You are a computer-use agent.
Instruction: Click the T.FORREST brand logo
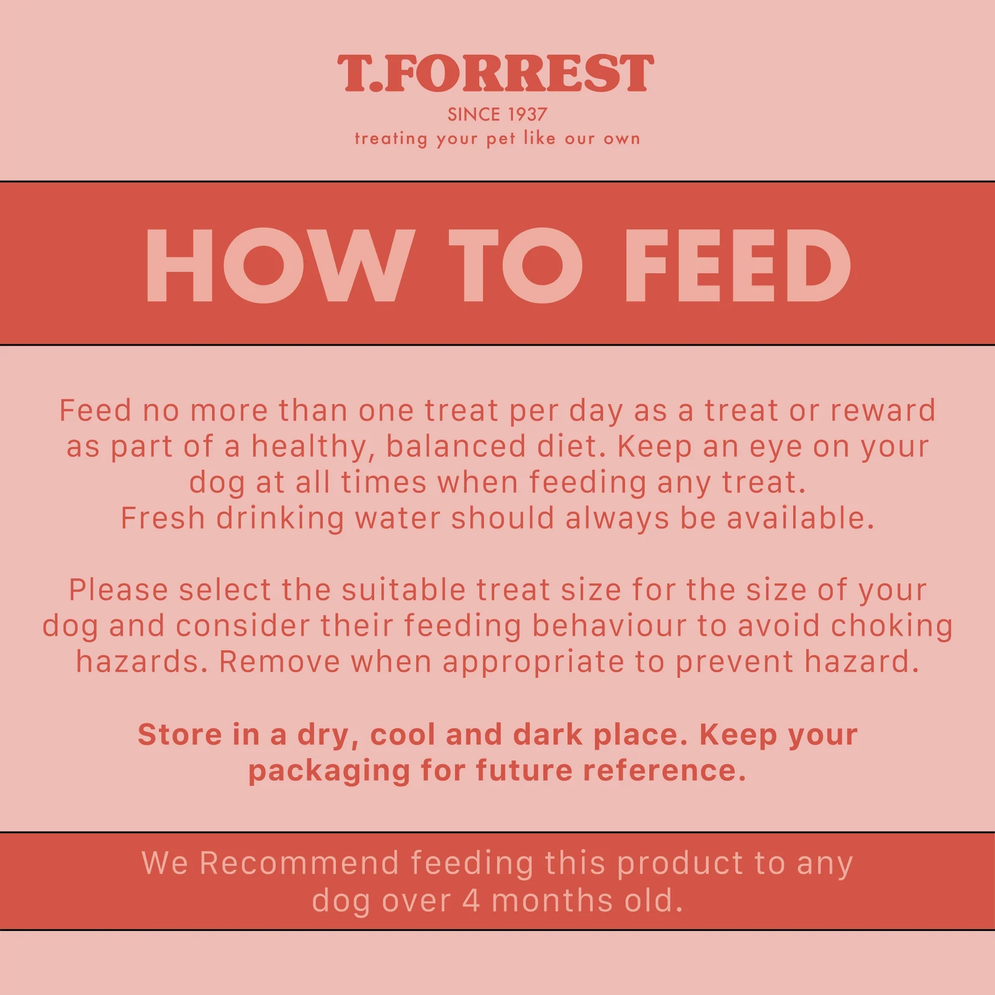496,73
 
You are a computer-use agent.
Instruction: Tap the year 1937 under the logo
527,114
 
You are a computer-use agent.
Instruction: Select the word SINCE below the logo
474,114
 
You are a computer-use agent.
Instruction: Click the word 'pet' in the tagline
501,139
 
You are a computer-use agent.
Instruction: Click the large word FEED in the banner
737,265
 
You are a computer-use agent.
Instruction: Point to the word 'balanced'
456,446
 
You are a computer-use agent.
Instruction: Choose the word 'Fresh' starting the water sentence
163,518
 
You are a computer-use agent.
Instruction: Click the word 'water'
397,519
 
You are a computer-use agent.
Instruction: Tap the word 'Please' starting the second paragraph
118,590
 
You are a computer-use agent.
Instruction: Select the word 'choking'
892,626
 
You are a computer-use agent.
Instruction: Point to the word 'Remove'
280,662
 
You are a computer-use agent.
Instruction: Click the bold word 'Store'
180,735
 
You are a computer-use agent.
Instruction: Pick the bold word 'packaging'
329,772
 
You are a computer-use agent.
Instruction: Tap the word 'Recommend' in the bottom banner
299,863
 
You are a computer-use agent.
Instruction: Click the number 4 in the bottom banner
471,900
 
